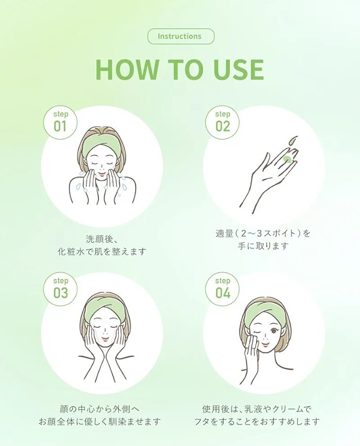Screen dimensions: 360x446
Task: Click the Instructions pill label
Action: [x=181, y=37]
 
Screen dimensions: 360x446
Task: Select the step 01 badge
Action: [x=60, y=123]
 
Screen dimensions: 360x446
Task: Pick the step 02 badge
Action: [x=222, y=123]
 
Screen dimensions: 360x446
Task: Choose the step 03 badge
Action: [x=60, y=290]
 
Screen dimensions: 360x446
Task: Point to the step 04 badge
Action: [x=222, y=290]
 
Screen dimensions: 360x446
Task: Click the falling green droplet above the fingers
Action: [x=293, y=141]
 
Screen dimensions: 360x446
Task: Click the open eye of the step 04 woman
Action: [x=275, y=331]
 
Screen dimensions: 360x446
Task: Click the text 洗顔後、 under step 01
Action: [x=99, y=239]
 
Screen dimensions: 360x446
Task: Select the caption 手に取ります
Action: [x=263, y=245]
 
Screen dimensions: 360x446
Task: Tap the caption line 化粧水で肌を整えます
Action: [x=102, y=251]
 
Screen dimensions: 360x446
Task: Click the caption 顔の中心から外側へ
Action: [x=99, y=409]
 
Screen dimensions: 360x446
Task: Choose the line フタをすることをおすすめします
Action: [x=257, y=421]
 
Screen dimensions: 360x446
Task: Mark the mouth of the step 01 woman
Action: [x=101, y=174]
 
